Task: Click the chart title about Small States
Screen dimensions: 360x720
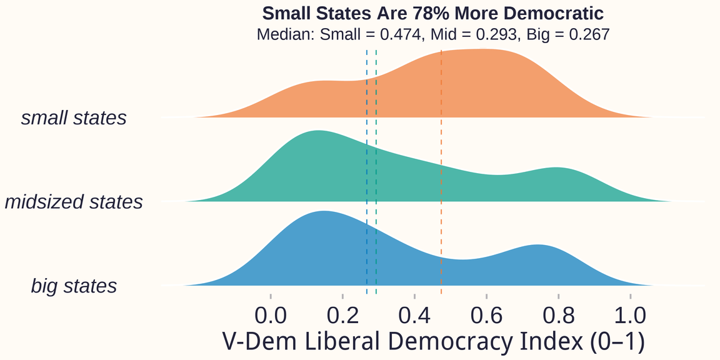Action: (432, 13)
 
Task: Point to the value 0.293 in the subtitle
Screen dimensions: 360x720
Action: (496, 34)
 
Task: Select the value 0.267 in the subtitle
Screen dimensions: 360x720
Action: (588, 34)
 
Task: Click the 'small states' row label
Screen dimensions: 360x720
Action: (74, 118)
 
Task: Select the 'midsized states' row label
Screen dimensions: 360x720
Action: (74, 202)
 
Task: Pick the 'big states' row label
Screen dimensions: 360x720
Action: (74, 286)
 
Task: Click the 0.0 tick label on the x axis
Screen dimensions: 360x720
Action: (271, 313)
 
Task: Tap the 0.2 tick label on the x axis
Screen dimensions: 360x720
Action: (342, 313)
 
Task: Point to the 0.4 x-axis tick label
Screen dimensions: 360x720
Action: (414, 313)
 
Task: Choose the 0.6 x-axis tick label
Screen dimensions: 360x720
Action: (486, 313)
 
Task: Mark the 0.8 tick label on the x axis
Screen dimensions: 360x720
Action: (558, 313)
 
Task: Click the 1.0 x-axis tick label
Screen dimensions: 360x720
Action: (630, 313)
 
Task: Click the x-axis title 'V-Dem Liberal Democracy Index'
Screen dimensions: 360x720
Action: (432, 342)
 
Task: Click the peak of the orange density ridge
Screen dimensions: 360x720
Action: (481, 49)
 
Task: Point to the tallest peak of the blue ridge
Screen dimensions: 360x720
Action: (322, 211)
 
